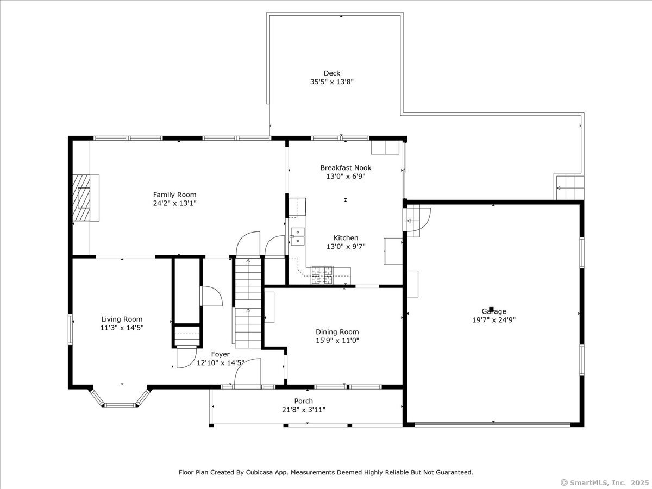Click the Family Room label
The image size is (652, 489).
click(174, 195)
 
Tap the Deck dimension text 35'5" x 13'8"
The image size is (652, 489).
click(332, 81)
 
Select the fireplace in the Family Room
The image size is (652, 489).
click(86, 198)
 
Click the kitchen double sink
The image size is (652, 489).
click(297, 236)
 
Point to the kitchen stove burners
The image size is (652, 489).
click(322, 275)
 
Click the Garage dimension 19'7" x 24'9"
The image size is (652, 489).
click(494, 320)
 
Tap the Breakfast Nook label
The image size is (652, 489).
click(346, 168)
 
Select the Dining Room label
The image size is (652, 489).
click(337, 332)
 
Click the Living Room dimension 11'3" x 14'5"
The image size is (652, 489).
click(122, 328)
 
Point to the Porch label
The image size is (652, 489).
click(304, 401)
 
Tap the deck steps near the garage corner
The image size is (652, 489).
click(569, 188)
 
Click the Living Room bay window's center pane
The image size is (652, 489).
click(120, 405)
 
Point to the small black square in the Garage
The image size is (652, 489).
click(491, 309)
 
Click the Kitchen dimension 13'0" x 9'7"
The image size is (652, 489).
click(346, 247)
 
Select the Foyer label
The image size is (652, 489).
click(221, 354)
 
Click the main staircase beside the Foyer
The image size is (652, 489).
click(248, 303)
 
